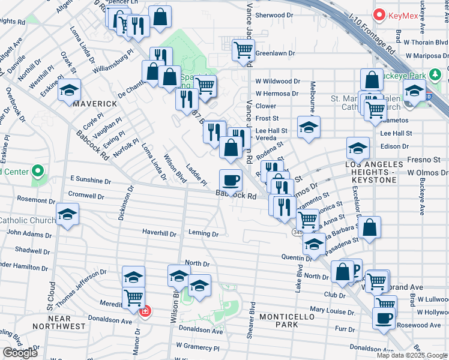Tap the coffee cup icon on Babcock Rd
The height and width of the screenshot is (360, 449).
coord(231,179)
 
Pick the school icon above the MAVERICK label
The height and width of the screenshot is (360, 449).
coord(70,90)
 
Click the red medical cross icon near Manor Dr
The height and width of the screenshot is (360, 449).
coord(144,311)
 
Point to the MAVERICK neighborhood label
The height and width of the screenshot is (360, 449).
coord(95,103)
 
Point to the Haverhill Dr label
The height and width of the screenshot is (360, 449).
coord(159,233)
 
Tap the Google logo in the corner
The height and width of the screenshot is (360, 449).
coord(20,353)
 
